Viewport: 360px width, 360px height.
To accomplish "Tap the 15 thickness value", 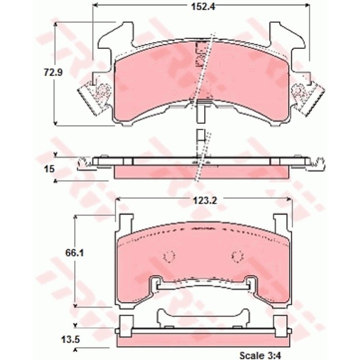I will pos(49,168).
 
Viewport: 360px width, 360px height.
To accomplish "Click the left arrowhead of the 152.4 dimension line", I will pos(95,7).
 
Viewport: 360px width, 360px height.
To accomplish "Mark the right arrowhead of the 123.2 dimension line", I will pos(290,200).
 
